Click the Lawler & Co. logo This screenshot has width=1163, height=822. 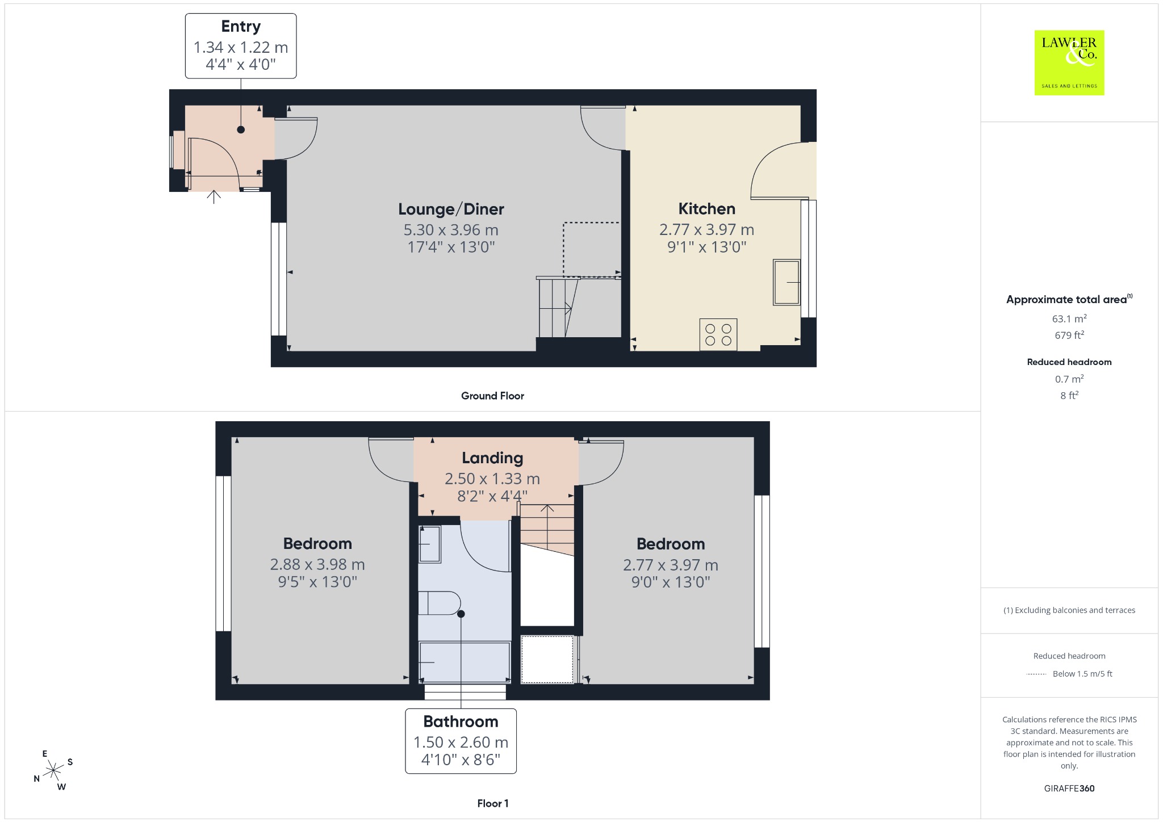point(1069,62)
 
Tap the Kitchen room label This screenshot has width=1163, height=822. point(706,209)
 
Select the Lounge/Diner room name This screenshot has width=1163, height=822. point(451,209)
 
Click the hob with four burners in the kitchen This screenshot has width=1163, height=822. point(718,334)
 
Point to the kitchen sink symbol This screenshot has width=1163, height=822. point(787,282)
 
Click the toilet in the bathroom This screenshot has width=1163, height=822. point(440,603)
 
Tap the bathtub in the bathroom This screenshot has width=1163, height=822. point(464,662)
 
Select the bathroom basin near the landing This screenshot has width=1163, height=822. point(429,544)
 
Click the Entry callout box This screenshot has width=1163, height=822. point(241,46)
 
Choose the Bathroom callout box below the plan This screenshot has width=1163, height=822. point(461,741)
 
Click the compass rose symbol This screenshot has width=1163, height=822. point(53,770)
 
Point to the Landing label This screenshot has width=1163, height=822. point(492,458)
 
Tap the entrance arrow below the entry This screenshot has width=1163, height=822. point(214,196)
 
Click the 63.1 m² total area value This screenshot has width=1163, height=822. point(1069,318)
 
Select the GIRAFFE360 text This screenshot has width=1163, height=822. point(1069,788)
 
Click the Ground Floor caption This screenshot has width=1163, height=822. point(492,396)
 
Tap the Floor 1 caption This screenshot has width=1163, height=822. point(493,803)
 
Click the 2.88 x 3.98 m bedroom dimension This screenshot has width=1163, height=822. point(317,564)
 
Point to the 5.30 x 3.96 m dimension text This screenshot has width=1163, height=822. point(451,230)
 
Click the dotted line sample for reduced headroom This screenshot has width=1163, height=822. point(1036,674)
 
